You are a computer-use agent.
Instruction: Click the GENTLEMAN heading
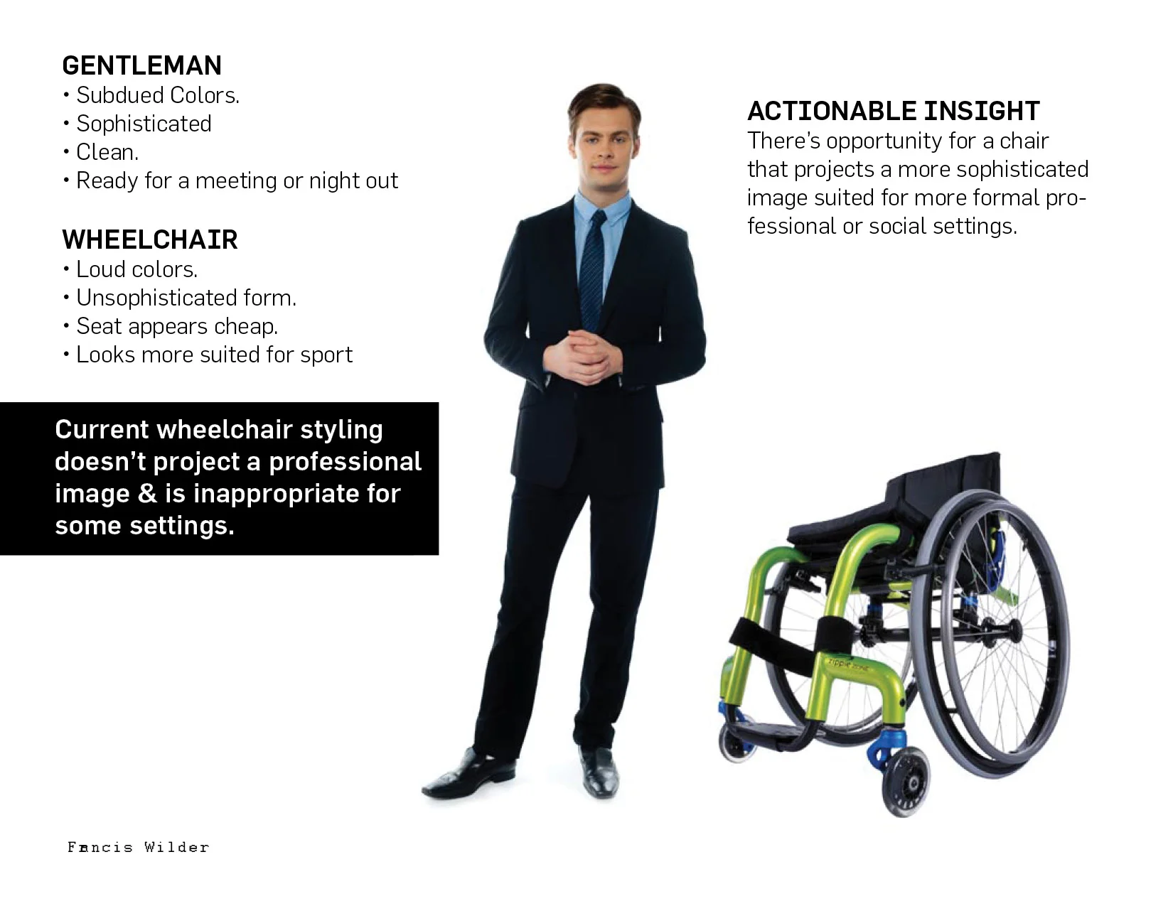tap(141, 65)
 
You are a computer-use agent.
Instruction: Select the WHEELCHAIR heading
tap(149, 239)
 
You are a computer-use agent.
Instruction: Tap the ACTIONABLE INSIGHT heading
tap(893, 111)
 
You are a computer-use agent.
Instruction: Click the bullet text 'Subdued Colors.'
tap(158, 95)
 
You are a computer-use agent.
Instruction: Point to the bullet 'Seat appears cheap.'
tap(176, 326)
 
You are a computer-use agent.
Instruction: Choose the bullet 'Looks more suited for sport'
tap(214, 355)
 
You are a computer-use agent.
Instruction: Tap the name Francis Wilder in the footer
tap(138, 847)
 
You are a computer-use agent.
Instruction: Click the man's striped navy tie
tap(592, 270)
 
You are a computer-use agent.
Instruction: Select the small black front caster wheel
tap(905, 784)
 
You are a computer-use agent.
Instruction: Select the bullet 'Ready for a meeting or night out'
tap(237, 180)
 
